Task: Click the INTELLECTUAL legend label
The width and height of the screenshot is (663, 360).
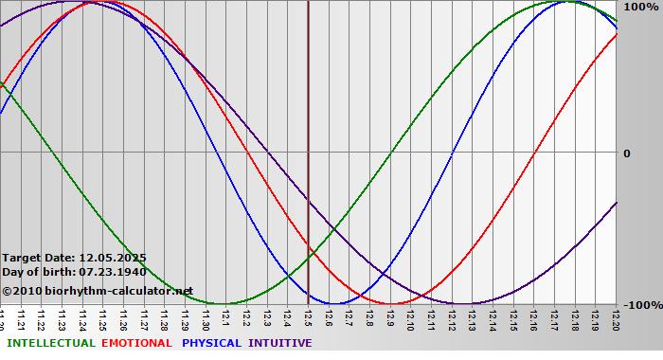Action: click(51, 343)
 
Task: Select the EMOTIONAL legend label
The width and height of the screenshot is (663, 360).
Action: click(136, 343)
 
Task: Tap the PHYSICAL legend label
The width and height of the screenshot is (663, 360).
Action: click(212, 343)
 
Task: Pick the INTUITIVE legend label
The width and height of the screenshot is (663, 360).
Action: click(280, 343)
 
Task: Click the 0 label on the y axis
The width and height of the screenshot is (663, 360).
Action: click(626, 153)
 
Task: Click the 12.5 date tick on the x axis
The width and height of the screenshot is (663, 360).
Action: click(309, 317)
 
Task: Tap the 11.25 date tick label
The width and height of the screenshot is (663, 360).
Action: click(104, 317)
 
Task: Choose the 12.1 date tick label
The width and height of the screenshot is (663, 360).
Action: click(226, 317)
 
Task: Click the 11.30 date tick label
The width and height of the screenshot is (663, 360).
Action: click(206, 317)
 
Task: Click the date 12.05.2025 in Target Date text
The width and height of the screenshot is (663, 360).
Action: click(113, 257)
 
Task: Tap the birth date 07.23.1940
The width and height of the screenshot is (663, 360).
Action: click(113, 272)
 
